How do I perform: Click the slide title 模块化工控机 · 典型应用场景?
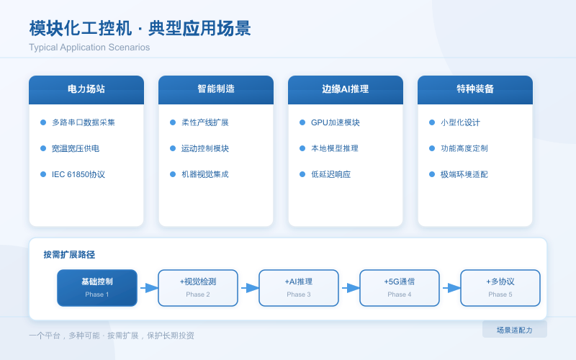click(x=140, y=29)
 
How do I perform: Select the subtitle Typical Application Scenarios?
click(x=89, y=48)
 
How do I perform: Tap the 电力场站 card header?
click(x=86, y=89)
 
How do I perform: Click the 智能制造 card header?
click(x=216, y=89)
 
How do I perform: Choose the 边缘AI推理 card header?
click(x=346, y=89)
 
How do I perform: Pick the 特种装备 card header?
click(x=475, y=89)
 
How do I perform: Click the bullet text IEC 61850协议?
click(x=78, y=174)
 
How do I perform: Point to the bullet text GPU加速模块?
click(x=335, y=122)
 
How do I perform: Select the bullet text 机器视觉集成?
click(x=204, y=174)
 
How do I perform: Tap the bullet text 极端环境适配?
click(x=464, y=174)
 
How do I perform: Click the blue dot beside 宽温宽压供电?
click(x=43, y=148)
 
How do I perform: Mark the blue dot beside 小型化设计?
click(x=432, y=122)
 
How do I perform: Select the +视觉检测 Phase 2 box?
click(x=198, y=287)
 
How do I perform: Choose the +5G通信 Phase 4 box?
click(x=400, y=287)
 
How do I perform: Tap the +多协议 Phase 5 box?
click(x=500, y=287)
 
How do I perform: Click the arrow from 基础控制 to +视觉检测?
click(x=148, y=288)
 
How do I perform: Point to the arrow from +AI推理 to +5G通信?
click(x=350, y=288)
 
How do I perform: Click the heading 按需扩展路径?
click(x=69, y=254)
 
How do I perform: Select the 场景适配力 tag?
click(x=514, y=330)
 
